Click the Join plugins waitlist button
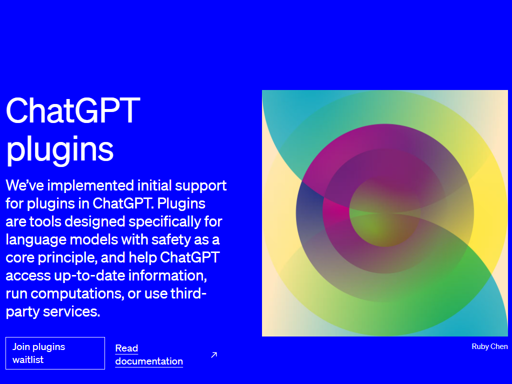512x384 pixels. pos(55,353)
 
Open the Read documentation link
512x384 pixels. pos(149,354)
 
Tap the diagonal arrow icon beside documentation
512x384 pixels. pos(214,355)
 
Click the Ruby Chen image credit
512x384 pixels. pos(489,346)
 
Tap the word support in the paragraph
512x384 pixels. pos(201,186)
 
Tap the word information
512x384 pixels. pos(167,276)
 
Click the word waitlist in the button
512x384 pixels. pos(28,359)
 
